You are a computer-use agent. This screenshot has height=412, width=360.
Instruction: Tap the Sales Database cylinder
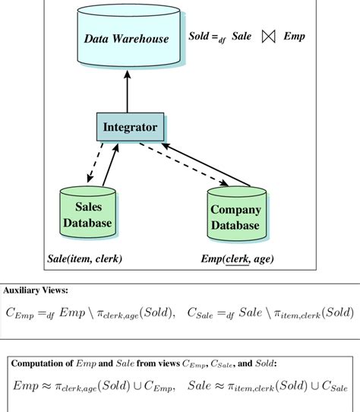[93, 214]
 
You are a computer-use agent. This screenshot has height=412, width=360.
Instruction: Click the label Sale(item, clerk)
[84, 259]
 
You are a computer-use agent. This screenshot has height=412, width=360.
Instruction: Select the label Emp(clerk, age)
[236, 259]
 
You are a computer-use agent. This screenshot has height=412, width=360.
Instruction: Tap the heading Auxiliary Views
[35, 290]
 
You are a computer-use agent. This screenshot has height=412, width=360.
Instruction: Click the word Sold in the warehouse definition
[200, 36]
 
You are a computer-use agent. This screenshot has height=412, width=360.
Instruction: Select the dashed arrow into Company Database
[190, 168]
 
